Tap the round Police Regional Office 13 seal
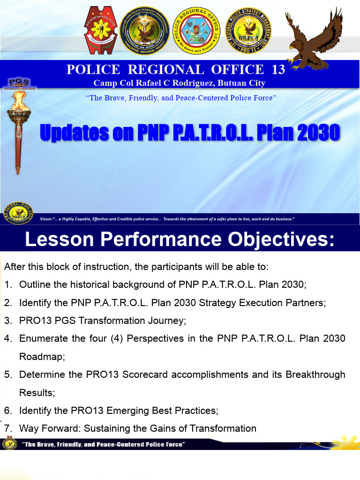tap(196, 30)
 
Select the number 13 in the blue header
tap(278, 70)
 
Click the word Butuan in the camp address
tap(224, 83)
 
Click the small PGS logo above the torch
tap(16, 83)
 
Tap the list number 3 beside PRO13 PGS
tap(7, 321)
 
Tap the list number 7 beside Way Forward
tap(7, 428)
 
